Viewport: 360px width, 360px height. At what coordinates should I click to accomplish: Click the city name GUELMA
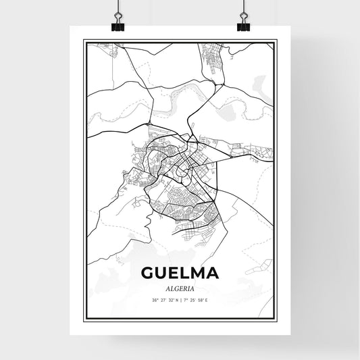180,274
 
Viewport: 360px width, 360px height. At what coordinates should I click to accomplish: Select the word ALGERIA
180,287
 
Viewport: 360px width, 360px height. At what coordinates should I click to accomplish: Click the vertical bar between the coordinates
180,300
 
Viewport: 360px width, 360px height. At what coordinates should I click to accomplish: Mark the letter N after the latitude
176,300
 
